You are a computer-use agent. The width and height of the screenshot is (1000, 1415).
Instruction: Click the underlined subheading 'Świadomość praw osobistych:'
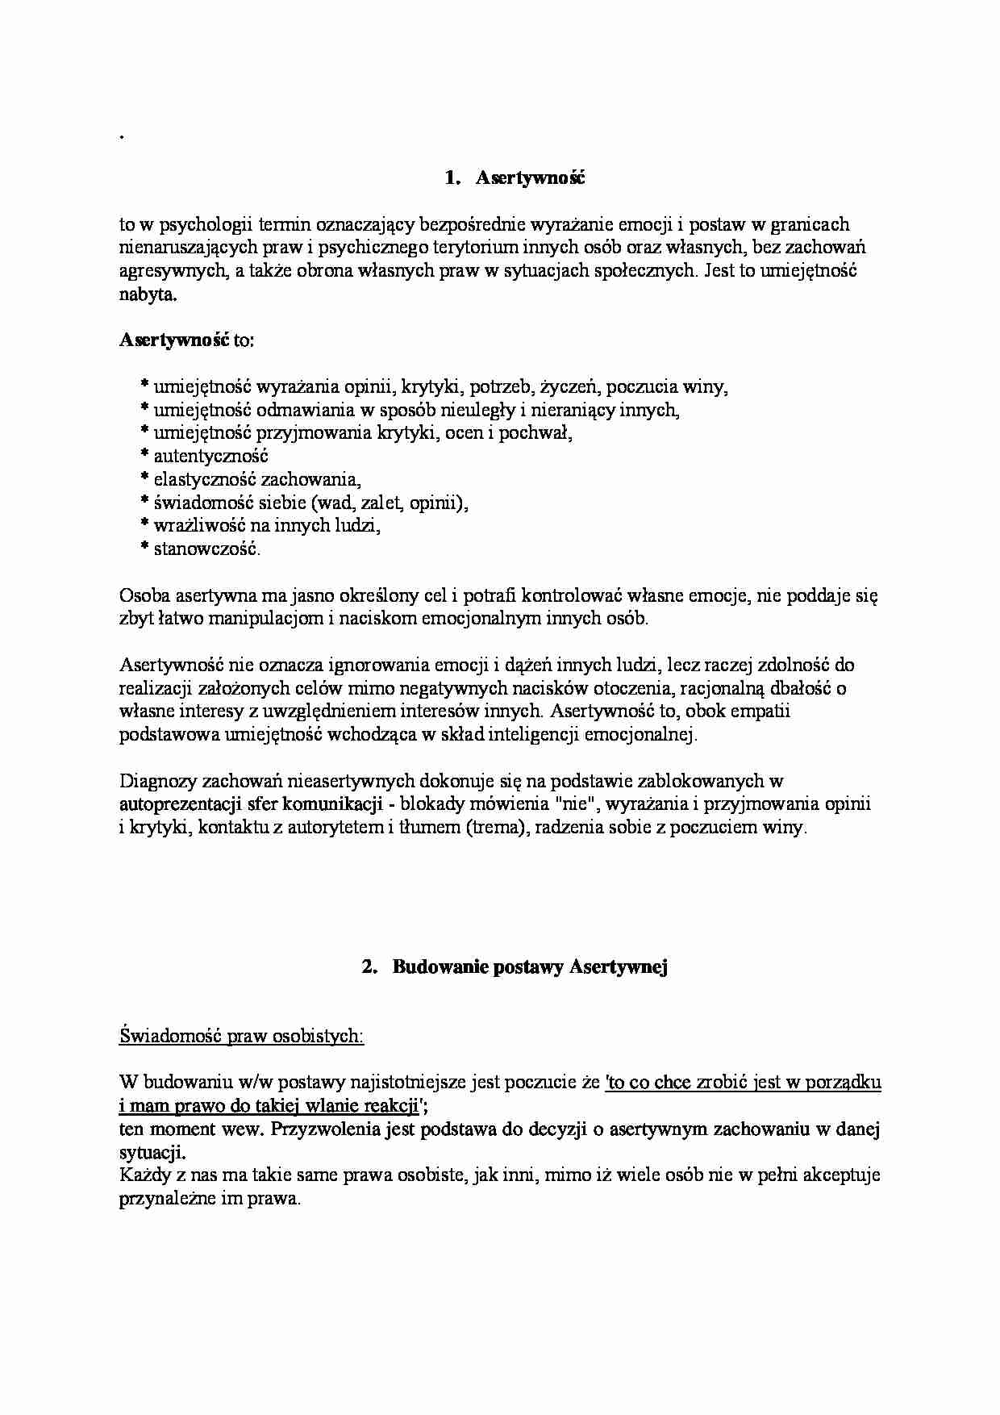click(x=241, y=1036)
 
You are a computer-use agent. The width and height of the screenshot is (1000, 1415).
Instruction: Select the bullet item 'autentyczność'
click(x=210, y=457)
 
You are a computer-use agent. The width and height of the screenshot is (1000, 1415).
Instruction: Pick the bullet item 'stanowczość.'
click(x=207, y=549)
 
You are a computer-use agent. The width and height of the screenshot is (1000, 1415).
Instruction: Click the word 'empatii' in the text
click(x=763, y=712)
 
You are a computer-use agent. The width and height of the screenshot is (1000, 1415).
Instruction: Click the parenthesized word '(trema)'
click(x=494, y=828)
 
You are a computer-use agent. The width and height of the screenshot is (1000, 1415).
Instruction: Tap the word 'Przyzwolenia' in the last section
click(x=327, y=1129)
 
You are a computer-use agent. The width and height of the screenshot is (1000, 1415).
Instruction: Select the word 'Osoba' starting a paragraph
click(x=143, y=596)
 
